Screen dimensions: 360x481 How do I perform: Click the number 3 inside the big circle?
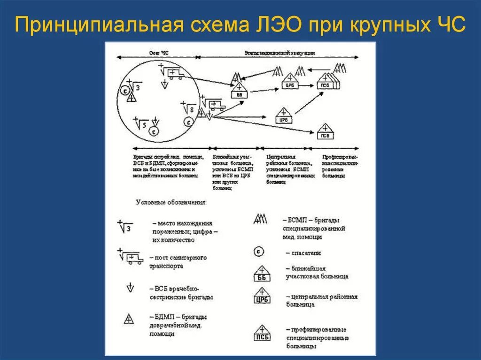pos(138,87)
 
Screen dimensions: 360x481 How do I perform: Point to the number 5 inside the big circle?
pos(145,124)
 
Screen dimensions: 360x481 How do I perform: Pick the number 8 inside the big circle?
pos(192,109)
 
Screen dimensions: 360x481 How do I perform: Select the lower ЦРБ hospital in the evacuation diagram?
pos(283,116)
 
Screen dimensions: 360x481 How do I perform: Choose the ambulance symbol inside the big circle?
pos(174,74)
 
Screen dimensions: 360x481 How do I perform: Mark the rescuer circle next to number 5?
pos(154,132)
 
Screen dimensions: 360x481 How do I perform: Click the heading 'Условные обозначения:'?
pos(171,202)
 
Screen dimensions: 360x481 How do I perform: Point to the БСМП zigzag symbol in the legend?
pos(260,219)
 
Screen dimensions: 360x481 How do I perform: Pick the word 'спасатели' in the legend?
pos(306,253)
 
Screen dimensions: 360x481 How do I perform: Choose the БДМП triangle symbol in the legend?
pos(129,319)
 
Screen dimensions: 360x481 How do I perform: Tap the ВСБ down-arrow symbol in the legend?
pos(130,288)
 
